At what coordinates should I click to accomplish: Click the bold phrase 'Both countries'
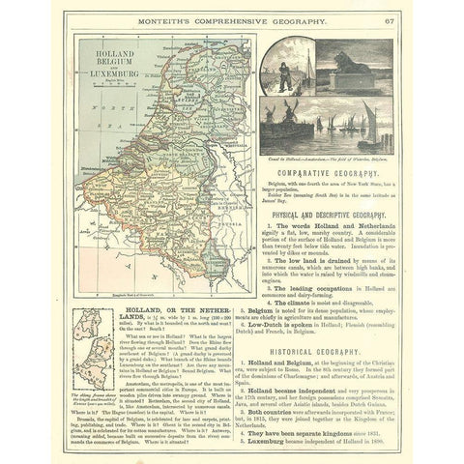tap(299, 398)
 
